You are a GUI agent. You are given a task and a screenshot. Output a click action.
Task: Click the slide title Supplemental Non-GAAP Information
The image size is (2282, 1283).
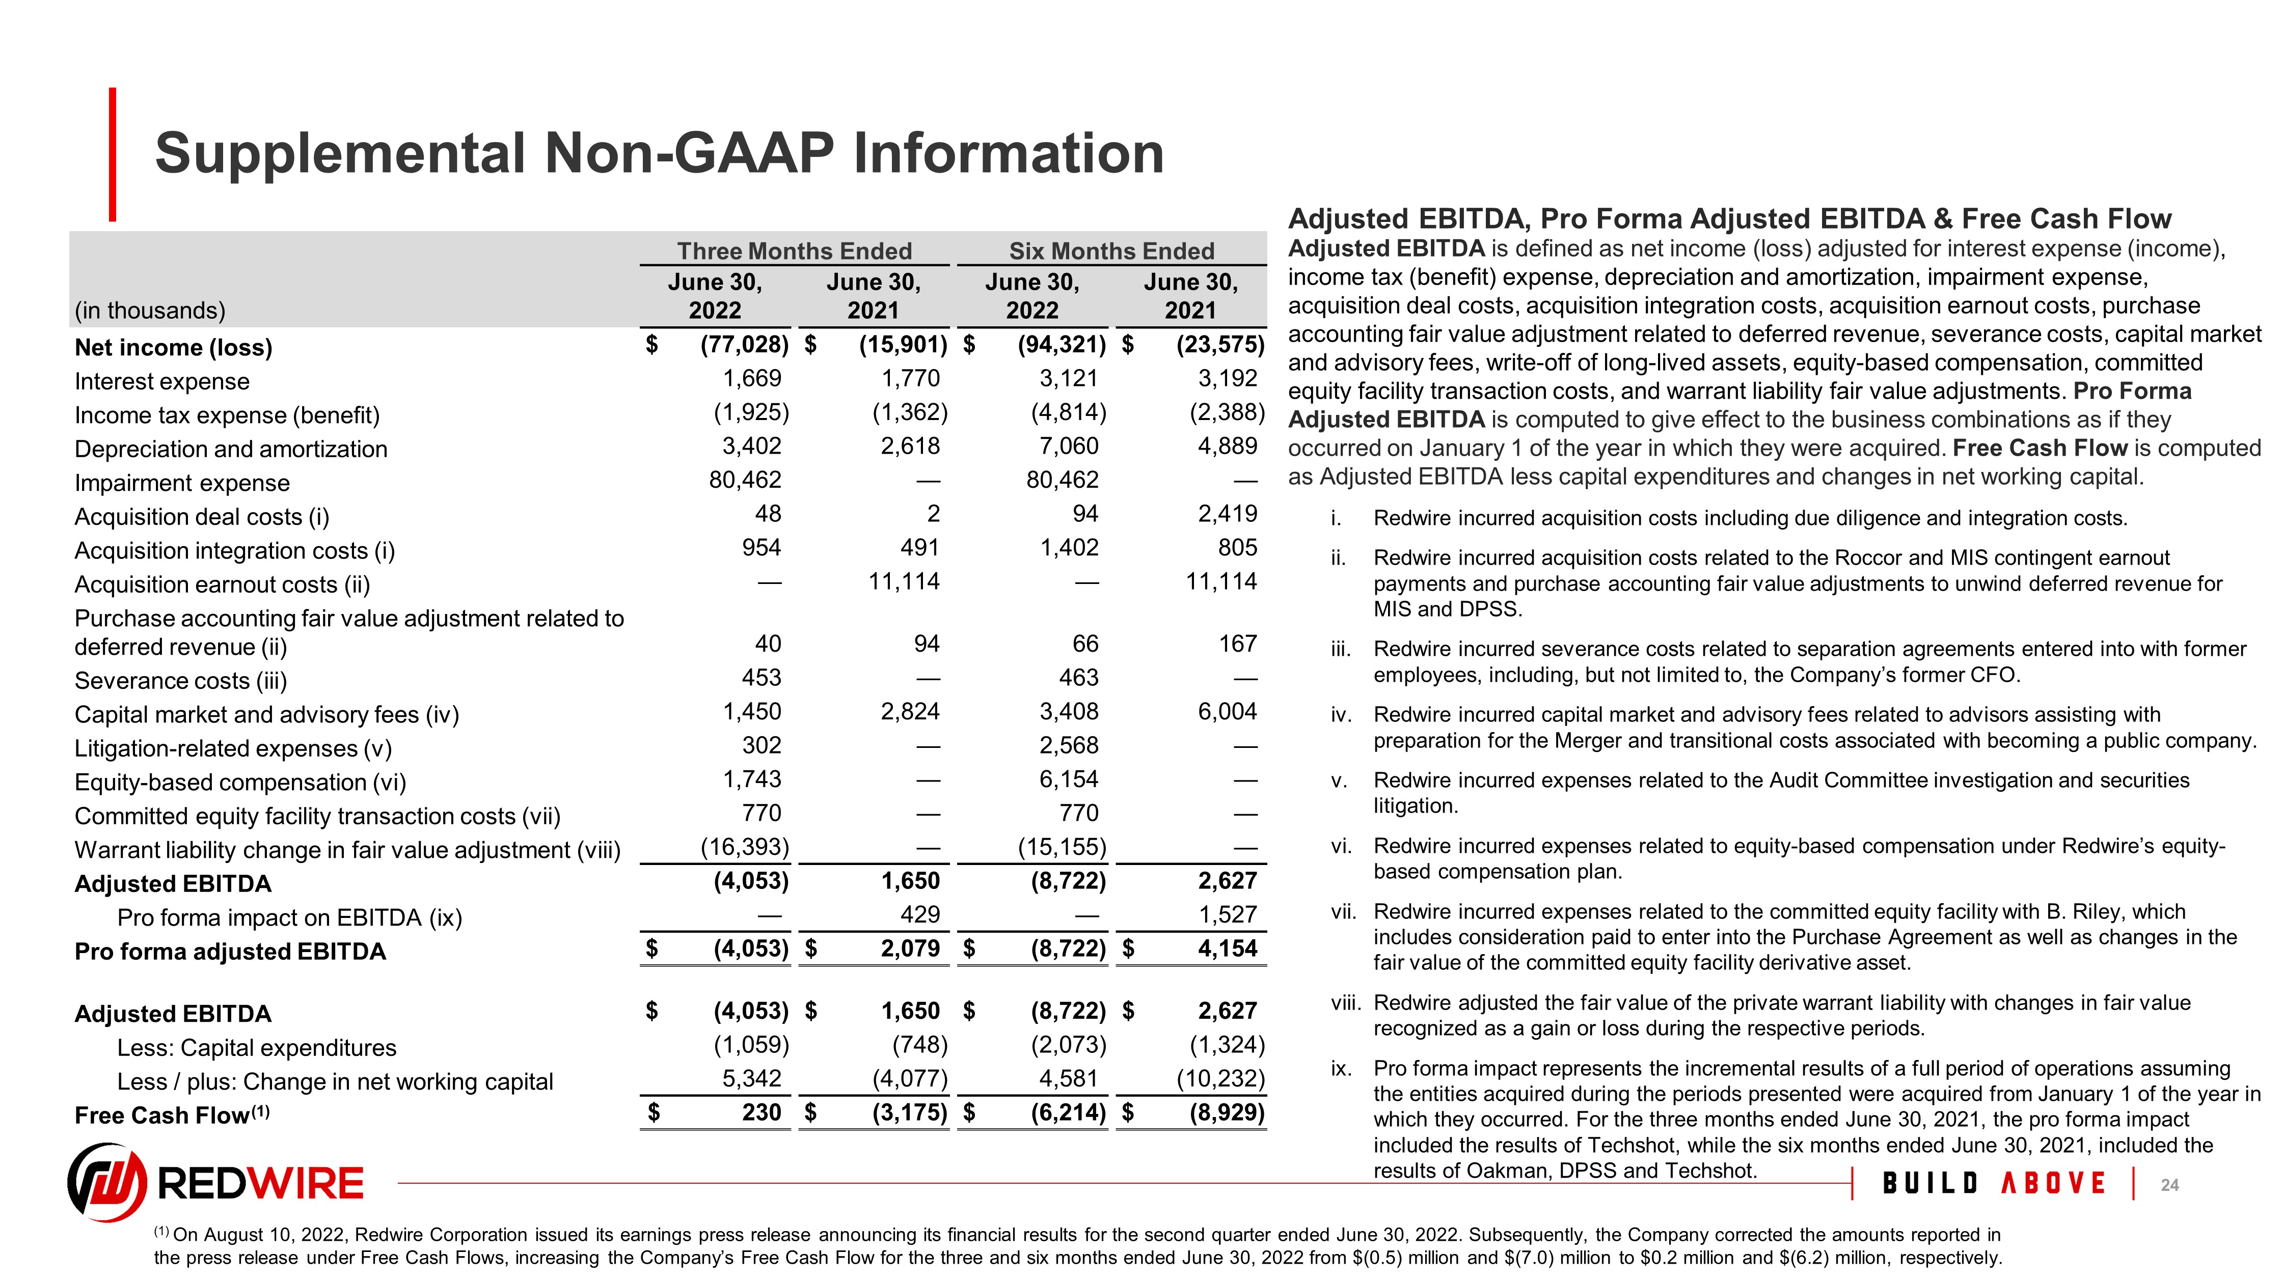(659, 153)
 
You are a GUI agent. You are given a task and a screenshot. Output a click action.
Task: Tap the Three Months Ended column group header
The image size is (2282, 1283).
(794, 252)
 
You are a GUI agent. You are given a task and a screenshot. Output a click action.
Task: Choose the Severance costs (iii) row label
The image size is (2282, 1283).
(181, 681)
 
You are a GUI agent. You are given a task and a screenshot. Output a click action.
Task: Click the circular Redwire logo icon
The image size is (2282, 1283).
(107, 1182)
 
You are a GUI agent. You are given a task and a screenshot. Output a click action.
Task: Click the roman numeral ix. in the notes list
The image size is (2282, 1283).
(1340, 1069)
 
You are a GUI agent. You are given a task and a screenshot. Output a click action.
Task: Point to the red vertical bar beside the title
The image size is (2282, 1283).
(113, 154)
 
